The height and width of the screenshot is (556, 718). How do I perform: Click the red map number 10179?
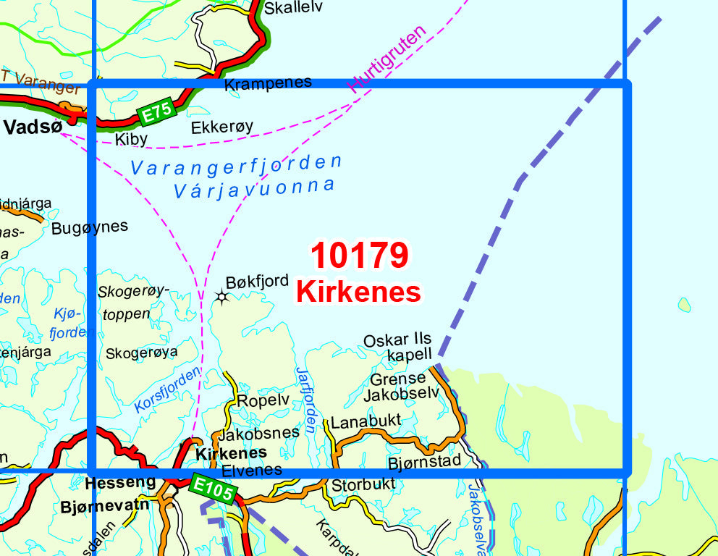360,255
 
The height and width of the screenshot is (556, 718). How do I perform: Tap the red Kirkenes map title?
358,292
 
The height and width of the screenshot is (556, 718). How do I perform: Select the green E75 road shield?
156,112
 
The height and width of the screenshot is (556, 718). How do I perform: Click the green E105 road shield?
214,489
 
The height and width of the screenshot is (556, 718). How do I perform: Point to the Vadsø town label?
32,127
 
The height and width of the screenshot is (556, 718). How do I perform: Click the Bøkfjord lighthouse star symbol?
221,296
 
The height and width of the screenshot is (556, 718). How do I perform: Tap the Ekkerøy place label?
222,127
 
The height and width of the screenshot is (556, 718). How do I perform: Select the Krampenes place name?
268,83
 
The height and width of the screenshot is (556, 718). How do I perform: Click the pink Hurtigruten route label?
387,59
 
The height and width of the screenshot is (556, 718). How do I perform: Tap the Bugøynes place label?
90,227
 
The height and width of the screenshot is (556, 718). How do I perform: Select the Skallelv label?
293,8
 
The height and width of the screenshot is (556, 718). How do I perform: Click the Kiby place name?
131,138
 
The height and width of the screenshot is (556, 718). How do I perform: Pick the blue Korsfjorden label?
167,390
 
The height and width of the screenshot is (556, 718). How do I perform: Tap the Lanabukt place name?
365,421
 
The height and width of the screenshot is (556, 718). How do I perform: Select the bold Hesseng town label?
120,483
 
